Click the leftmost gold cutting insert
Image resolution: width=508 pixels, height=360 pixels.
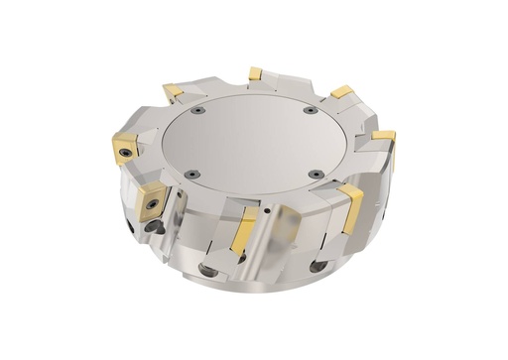[x=126, y=147]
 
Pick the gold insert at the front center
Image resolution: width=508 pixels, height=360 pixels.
[x=243, y=231]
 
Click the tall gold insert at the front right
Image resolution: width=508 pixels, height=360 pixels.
[x=351, y=207]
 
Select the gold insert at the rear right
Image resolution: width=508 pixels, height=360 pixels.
[x=342, y=92]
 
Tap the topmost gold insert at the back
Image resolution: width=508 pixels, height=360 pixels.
[x=255, y=73]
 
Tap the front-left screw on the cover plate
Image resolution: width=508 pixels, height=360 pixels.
[x=194, y=175]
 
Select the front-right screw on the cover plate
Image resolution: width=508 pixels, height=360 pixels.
[x=315, y=175]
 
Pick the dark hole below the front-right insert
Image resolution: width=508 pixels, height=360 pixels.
[x=317, y=266]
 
